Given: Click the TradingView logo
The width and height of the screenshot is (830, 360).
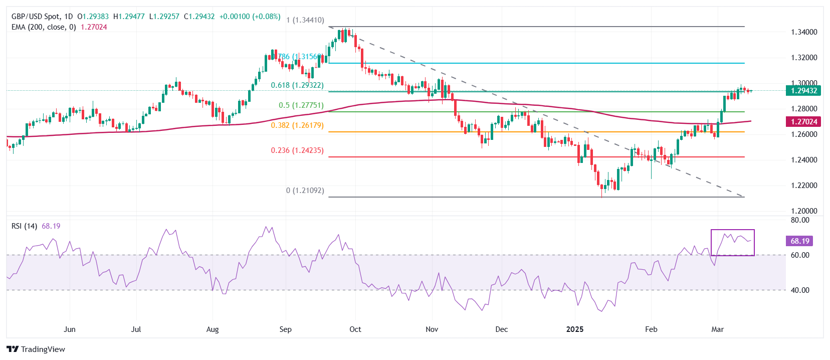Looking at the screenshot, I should (x=36, y=349).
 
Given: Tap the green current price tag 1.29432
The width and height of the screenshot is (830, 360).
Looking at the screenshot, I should (x=803, y=91).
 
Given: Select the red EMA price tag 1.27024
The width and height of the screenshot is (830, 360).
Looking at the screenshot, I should (x=803, y=122).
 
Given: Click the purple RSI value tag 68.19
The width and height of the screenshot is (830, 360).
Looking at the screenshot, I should (x=799, y=241).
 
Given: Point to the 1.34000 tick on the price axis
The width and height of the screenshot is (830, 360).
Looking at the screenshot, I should (x=804, y=32).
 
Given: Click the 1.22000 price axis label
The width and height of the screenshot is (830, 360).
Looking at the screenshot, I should (x=804, y=186).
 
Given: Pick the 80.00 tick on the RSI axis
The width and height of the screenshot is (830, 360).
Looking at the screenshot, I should (x=800, y=220).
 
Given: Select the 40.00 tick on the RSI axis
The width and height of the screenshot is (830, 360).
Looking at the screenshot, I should (x=800, y=290).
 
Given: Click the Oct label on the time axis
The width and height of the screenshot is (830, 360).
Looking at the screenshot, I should (x=355, y=329).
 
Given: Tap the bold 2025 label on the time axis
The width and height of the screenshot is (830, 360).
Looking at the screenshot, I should (x=575, y=329).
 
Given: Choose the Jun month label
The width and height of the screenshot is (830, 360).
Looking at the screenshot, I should (x=70, y=329).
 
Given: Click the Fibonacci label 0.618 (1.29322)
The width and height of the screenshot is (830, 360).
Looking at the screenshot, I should (x=297, y=85).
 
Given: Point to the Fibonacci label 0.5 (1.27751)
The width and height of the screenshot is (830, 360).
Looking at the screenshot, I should (x=301, y=105).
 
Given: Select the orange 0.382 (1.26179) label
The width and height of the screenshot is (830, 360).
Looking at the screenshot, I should (x=297, y=125).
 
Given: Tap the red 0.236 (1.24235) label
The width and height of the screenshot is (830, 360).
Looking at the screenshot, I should (x=297, y=150).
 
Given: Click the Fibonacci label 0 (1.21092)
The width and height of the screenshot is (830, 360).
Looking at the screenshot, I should (x=305, y=191).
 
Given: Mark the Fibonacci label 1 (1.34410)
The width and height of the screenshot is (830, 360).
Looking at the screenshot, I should (x=305, y=20).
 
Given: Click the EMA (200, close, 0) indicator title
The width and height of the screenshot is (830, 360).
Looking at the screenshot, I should (x=44, y=27).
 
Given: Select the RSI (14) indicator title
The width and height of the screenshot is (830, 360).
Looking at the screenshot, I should (x=24, y=226).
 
